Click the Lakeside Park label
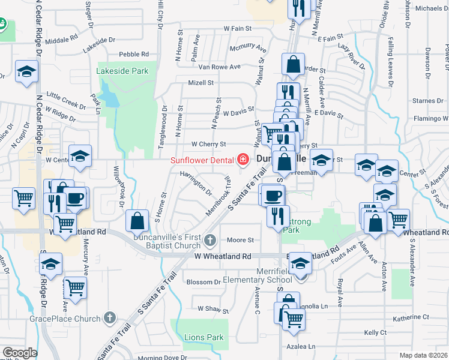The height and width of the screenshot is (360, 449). click(122, 71)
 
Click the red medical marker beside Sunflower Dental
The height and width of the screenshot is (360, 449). click(243, 160)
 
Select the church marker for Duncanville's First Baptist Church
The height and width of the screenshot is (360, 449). click(209, 241)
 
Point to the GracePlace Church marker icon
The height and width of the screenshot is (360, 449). click(109, 317)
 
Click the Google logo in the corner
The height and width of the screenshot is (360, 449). click(19, 353)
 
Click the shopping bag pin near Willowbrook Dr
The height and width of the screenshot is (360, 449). click(137, 221)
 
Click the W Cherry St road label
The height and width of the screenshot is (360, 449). click(208, 144)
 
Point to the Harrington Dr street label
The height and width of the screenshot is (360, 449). click(196, 182)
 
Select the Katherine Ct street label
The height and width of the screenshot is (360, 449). click(411, 317)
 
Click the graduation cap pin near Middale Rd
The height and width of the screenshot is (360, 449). click(26, 73)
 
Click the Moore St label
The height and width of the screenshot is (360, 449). click(241, 240)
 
